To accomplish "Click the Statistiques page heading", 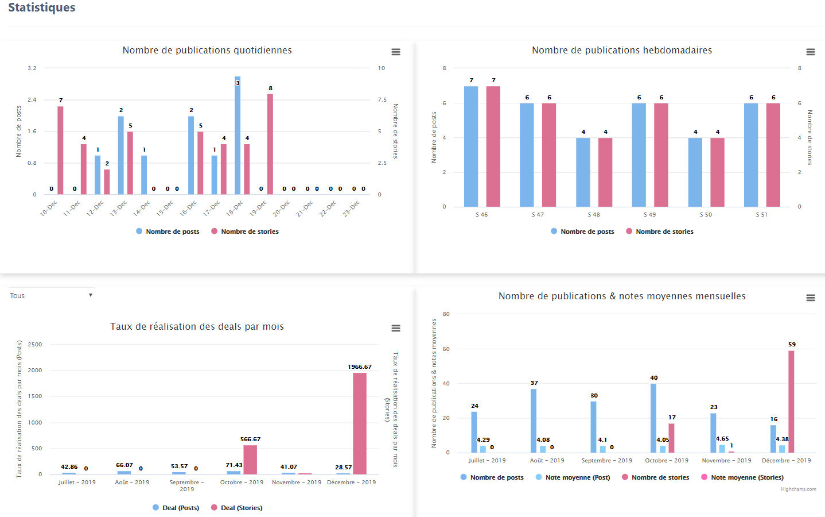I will [42, 7].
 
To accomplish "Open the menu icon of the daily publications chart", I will [396, 52].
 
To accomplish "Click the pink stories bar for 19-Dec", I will [270, 144].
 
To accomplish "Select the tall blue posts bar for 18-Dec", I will [238, 136].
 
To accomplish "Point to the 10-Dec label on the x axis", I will [49, 208].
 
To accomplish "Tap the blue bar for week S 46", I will [471, 146].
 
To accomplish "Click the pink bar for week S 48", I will [605, 172].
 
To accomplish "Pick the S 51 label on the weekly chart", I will [761, 215].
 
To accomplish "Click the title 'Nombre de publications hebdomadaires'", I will [622, 51].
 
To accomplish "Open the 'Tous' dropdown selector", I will [50, 296].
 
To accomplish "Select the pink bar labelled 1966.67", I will [360, 423].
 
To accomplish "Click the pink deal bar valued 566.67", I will [250, 460].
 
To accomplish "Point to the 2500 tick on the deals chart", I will [35, 345].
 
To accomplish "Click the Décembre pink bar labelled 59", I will [791, 402].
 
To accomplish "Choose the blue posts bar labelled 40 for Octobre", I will [653, 418].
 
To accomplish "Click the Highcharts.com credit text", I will [798, 489].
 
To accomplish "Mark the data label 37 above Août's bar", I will [534, 383].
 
